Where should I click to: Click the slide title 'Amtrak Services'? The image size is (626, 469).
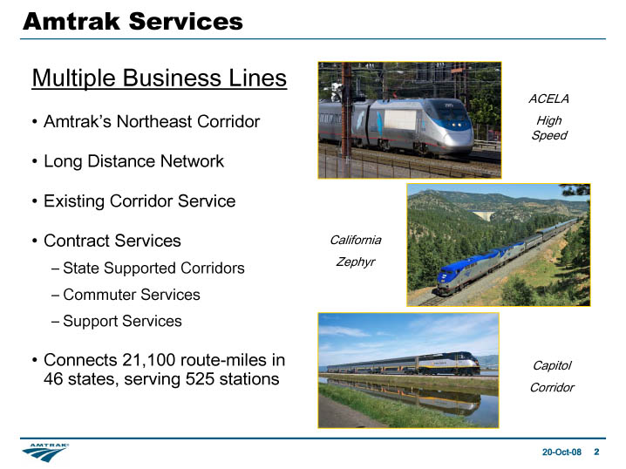pyautogui.click(x=133, y=21)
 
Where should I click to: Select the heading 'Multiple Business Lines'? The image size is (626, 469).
pyautogui.click(x=160, y=78)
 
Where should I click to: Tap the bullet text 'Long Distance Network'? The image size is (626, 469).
pyautogui.click(x=133, y=161)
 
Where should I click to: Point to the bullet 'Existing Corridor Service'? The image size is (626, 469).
pyautogui.click(x=139, y=201)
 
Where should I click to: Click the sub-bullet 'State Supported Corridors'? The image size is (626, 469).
pyautogui.click(x=153, y=268)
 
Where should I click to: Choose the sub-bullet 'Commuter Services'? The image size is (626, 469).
pyautogui.click(x=132, y=295)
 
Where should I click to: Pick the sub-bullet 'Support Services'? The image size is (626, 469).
pyautogui.click(x=122, y=321)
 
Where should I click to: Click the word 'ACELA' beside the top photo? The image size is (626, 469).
pyautogui.click(x=549, y=99)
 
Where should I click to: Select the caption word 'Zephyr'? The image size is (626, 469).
pyautogui.click(x=356, y=262)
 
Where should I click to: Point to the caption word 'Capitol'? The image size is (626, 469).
pyautogui.click(x=552, y=365)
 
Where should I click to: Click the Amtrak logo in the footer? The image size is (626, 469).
pyautogui.click(x=45, y=452)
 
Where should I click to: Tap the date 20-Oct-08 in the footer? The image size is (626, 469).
pyautogui.click(x=561, y=452)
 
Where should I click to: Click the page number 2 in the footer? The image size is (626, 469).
pyautogui.click(x=596, y=452)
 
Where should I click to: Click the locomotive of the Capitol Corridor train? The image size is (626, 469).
pyautogui.click(x=448, y=364)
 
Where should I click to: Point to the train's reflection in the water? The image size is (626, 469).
pyautogui.click(x=403, y=395)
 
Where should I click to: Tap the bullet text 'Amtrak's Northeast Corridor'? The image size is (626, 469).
pyautogui.click(x=152, y=122)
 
